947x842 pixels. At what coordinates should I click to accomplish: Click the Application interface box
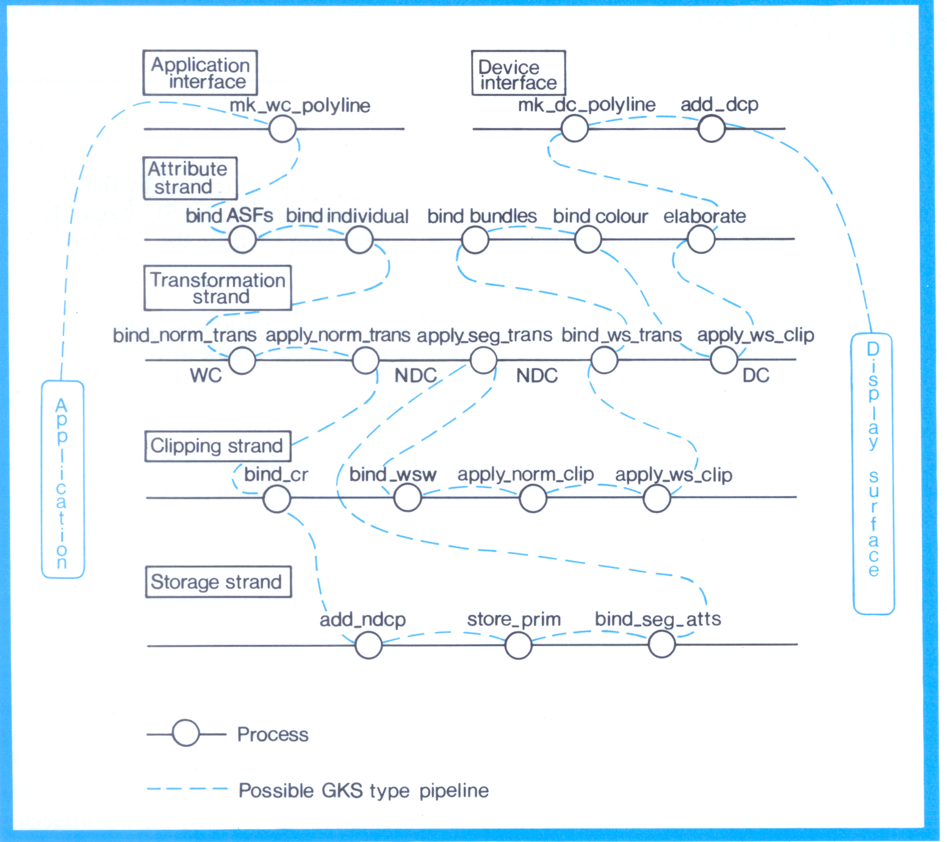point(200,73)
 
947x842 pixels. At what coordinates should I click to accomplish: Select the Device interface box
point(518,73)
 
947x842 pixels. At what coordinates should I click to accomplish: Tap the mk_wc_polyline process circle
point(283,129)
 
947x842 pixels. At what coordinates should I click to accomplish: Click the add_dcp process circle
point(711,129)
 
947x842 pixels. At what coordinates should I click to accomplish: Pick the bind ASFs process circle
point(242,239)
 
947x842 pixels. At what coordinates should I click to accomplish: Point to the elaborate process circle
point(700,239)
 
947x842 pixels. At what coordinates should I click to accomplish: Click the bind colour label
point(600,216)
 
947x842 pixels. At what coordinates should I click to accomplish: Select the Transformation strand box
point(217,288)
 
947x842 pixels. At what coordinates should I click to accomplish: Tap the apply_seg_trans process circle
point(483,360)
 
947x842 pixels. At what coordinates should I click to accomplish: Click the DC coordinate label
point(755,375)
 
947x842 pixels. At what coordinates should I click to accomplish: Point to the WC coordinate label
point(206,375)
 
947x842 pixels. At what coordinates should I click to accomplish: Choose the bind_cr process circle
point(276,499)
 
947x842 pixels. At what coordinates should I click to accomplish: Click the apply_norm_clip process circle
point(533,499)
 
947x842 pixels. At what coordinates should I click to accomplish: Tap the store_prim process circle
point(518,645)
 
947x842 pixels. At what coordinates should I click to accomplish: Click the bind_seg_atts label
point(658,619)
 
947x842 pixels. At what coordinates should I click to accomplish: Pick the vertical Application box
point(62,479)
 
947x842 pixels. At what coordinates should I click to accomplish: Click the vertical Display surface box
point(873,473)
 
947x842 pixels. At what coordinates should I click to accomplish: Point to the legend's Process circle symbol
point(185,733)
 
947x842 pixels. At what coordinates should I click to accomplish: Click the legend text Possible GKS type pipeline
point(364,791)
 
